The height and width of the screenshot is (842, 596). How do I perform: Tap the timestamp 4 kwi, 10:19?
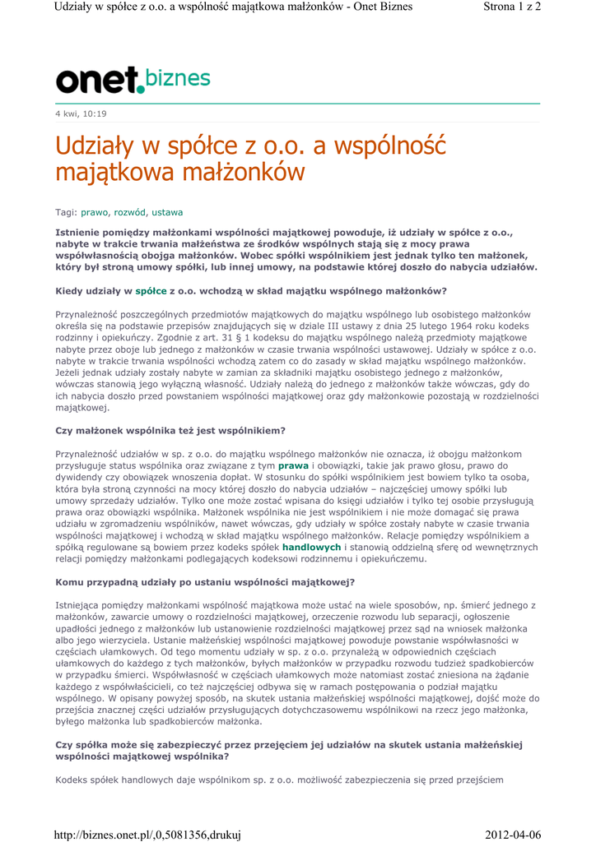pos(81,113)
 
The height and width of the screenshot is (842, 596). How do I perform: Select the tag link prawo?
pos(94,212)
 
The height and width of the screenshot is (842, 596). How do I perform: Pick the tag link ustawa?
pos(167,212)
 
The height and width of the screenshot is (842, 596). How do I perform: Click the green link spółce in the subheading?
pos(151,291)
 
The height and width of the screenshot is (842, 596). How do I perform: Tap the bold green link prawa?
pos(293,465)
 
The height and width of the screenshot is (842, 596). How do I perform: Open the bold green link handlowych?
pos(311,547)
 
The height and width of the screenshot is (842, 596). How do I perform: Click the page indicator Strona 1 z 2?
pos(510,7)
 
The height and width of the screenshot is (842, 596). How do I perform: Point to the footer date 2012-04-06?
pos(514,835)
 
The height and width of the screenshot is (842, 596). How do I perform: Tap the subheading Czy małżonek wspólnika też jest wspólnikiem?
pos(170,431)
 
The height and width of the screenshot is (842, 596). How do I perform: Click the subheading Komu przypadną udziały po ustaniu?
pos(205,582)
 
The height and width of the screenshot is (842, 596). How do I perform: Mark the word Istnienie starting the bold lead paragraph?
pos(80,233)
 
